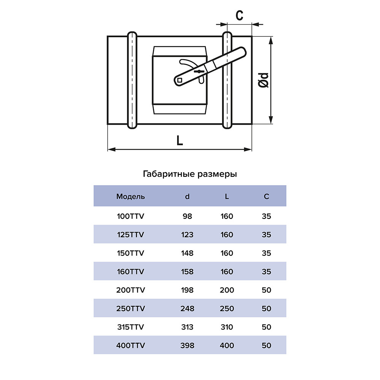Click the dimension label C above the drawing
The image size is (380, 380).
[239, 16]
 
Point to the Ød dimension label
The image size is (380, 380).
[263, 80]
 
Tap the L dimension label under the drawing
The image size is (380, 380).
[180, 140]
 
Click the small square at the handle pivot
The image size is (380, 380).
[180, 80]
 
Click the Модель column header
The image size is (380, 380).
[131, 196]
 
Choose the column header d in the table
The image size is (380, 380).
[187, 196]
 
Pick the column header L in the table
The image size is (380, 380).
[227, 196]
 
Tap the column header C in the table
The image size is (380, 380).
[266, 196]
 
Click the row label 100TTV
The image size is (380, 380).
[131, 216]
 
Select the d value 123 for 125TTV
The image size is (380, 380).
[187, 234]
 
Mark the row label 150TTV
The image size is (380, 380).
[131, 253]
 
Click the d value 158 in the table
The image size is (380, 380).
[187, 271]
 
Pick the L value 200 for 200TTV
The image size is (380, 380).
[227, 290]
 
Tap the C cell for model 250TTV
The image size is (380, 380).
[266, 309]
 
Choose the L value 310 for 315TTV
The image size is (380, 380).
[227, 327]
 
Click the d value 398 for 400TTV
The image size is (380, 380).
[187, 345]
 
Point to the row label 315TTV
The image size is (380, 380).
[131, 327]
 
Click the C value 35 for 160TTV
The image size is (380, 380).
[266, 271]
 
